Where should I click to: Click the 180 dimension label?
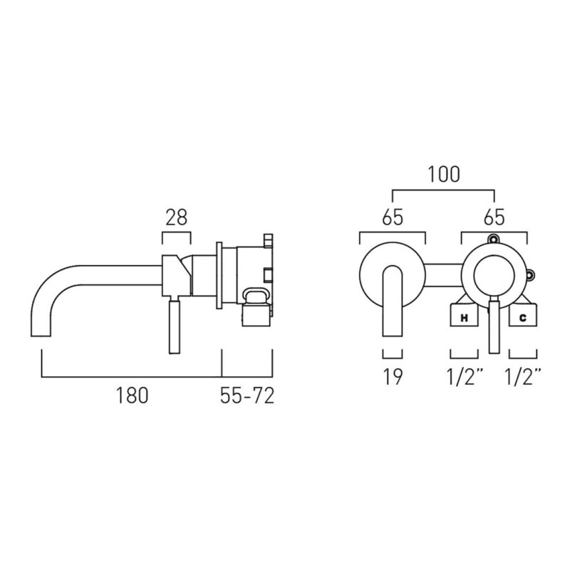pos(132,395)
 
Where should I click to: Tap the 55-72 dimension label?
pos(247,395)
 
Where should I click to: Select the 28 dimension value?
pos(176,217)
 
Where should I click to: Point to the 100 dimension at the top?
pos(443,174)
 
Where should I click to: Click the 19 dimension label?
pos(393,377)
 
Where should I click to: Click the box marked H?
pos(465,315)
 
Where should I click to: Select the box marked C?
pos(523,315)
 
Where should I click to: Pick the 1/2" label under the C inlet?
pos(524,377)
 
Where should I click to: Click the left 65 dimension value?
pos(393,217)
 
